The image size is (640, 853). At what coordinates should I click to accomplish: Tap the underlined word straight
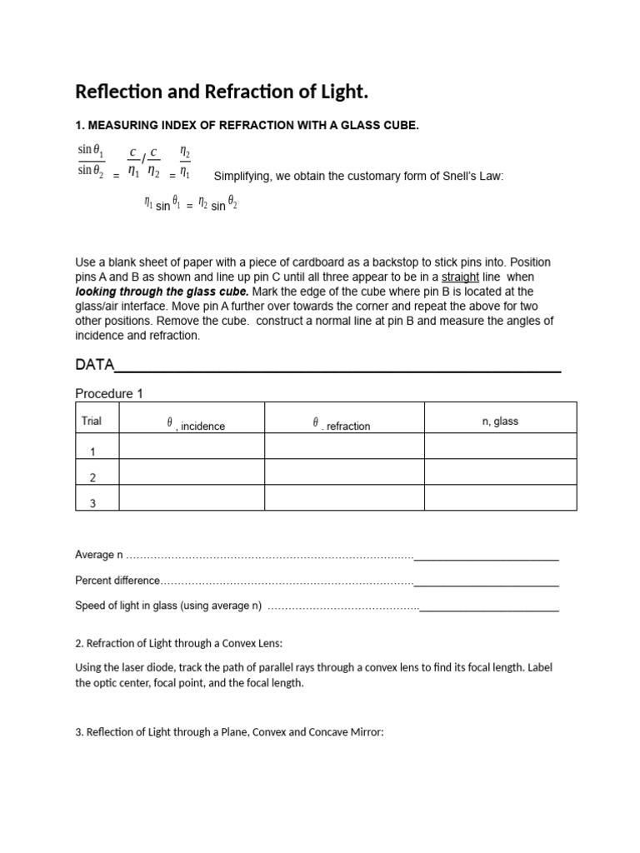pyautogui.click(x=459, y=277)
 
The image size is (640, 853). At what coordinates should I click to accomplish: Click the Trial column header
pyautogui.click(x=92, y=421)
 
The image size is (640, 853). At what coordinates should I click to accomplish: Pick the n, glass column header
pyautogui.click(x=500, y=422)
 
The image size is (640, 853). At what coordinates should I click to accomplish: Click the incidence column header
pyautogui.click(x=197, y=426)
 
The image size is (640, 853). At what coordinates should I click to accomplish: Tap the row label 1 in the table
pyautogui.click(x=92, y=451)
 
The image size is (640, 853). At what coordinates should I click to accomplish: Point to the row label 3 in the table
pyautogui.click(x=92, y=503)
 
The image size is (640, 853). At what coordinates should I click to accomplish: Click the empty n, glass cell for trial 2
pyautogui.click(x=500, y=472)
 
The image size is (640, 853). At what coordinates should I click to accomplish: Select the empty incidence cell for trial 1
pyautogui.click(x=192, y=446)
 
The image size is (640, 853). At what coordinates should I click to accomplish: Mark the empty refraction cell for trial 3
pyautogui.click(x=344, y=498)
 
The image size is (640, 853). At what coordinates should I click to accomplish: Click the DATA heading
pyautogui.click(x=94, y=365)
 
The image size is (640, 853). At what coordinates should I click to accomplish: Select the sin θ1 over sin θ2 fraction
pyautogui.click(x=91, y=160)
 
